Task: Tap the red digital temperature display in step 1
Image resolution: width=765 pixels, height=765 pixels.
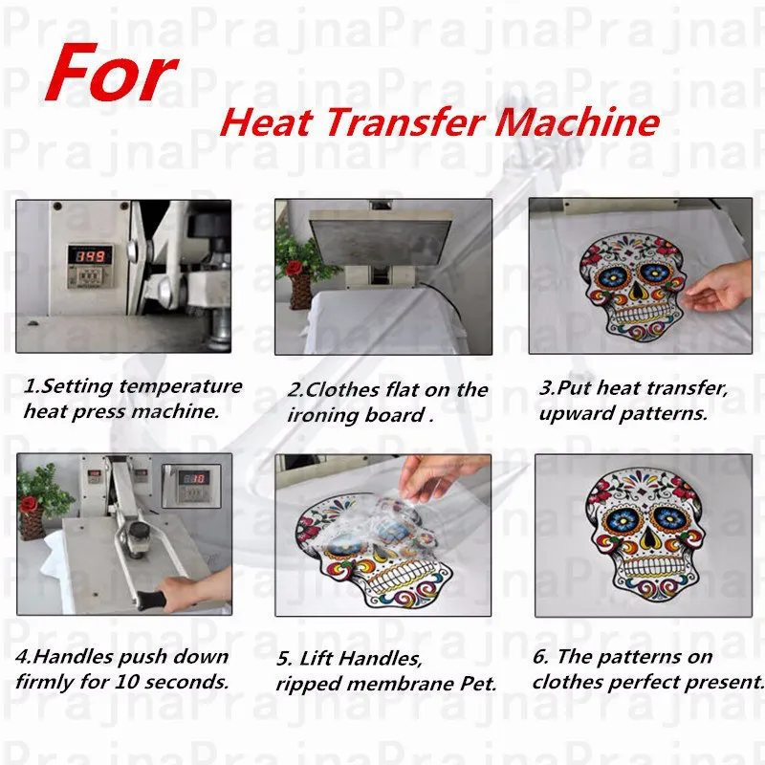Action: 93,256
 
